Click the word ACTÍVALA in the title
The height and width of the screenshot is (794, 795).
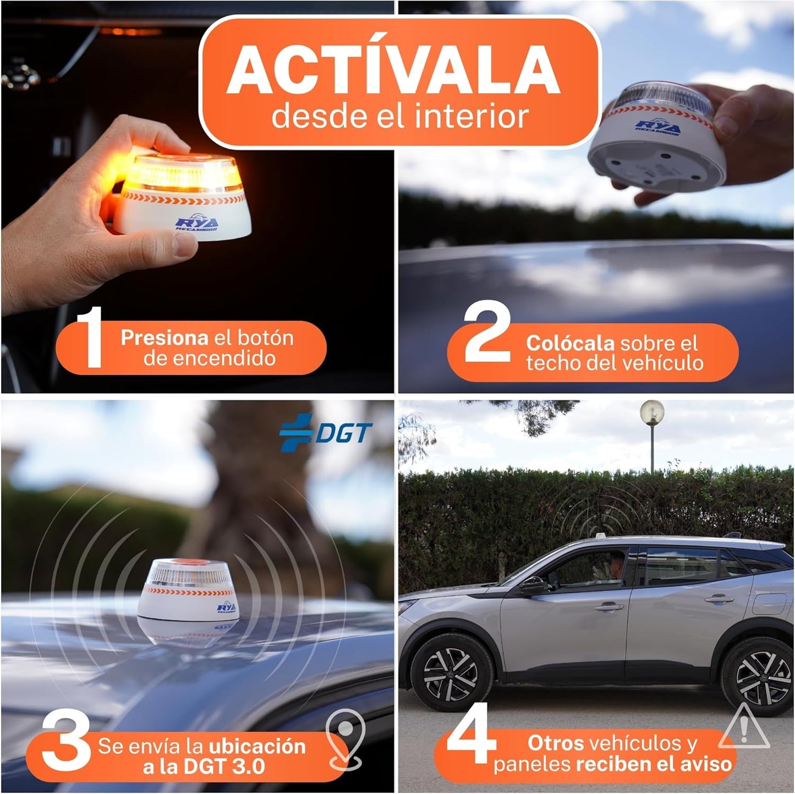pyautogui.click(x=394, y=72)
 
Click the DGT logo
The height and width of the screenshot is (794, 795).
pyautogui.click(x=326, y=433)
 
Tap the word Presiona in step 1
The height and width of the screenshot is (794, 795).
pyautogui.click(x=165, y=338)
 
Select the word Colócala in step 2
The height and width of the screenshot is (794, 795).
pyautogui.click(x=569, y=343)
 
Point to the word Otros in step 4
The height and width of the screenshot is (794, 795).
pyautogui.click(x=556, y=743)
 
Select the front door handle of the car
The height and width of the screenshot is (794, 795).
pyautogui.click(x=606, y=607)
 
